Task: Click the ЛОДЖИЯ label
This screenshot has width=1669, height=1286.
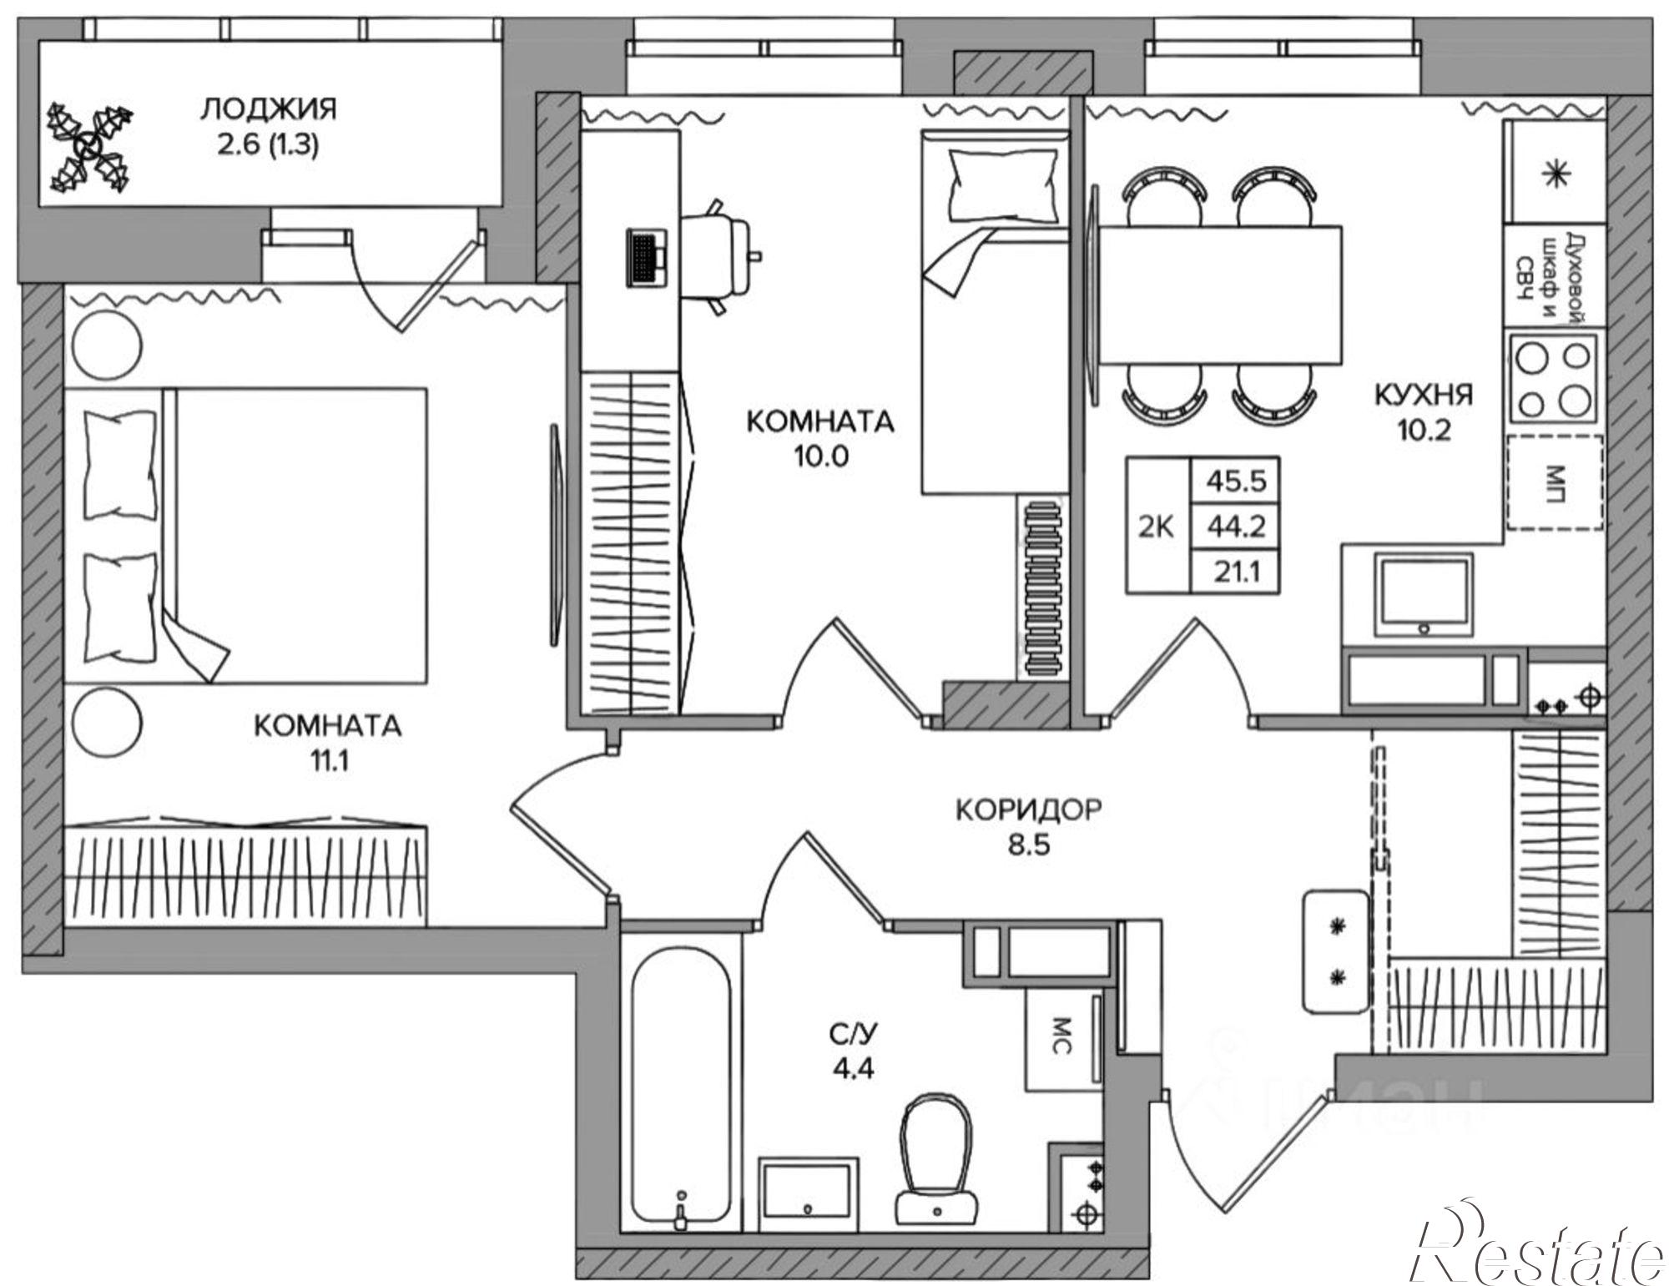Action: click(269, 109)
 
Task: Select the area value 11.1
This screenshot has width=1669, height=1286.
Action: click(326, 763)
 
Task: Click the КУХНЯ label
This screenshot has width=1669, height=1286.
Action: click(1424, 395)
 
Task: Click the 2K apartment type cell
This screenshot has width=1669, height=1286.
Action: click(1157, 527)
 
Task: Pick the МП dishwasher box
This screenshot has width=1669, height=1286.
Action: click(1554, 482)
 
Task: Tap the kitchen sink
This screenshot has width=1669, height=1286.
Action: click(1424, 595)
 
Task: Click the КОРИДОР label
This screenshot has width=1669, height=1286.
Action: click(1028, 809)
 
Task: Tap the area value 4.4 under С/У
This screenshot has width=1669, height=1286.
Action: click(853, 1069)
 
